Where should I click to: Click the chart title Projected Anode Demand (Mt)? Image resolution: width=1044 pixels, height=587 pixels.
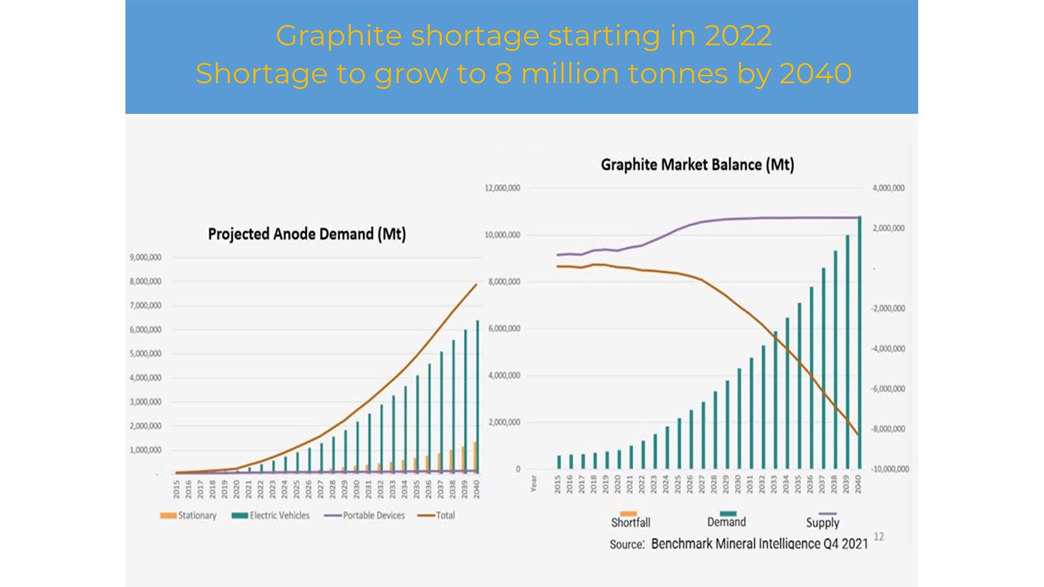[307, 234]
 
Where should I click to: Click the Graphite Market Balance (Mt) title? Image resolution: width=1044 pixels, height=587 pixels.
[697, 165]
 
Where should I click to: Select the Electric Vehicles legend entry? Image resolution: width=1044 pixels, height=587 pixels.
[271, 515]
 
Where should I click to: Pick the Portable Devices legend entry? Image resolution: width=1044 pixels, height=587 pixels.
[365, 515]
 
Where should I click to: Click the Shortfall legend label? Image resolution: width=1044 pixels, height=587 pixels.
[630, 522]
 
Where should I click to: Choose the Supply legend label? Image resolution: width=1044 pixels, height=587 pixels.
[822, 522]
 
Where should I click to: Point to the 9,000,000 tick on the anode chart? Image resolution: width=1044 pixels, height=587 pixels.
[145, 258]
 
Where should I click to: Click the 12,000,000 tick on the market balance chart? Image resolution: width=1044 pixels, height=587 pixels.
[502, 188]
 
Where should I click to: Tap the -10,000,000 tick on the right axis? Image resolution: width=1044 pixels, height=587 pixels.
[889, 469]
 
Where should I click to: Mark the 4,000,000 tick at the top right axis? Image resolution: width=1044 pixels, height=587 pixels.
[888, 188]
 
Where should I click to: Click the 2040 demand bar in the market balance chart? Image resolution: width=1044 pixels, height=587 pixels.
[860, 342]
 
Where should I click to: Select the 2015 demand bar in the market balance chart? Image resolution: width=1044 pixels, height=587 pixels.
[559, 462]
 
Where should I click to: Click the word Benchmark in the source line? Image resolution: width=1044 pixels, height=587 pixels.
[682, 544]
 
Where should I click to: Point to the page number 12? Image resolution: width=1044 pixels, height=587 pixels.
[879, 536]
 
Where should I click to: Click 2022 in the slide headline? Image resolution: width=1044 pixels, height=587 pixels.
[738, 36]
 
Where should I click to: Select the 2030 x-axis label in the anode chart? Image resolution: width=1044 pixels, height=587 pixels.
[357, 489]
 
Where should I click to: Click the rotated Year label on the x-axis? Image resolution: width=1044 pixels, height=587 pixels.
[533, 483]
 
